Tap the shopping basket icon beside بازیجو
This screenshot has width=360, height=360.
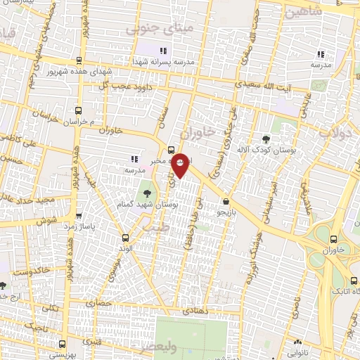(225, 200)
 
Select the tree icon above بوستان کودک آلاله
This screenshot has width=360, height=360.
(265, 139)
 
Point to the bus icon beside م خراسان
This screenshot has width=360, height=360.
(77, 110)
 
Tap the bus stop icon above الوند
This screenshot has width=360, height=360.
(125, 238)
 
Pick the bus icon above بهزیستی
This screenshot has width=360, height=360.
(63, 344)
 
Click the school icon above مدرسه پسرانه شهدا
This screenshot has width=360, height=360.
(164, 51)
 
